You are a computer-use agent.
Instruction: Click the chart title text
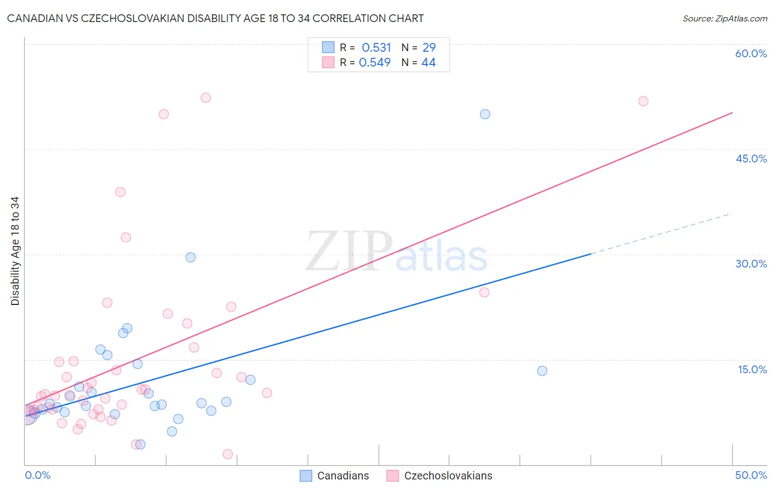pyautogui.click(x=215, y=18)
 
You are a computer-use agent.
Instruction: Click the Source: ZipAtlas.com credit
pyautogui.click(x=724, y=18)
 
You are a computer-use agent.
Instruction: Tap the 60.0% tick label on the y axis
pyautogui.click(x=751, y=53)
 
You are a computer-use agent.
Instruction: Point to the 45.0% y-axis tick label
pyautogui.click(x=751, y=159)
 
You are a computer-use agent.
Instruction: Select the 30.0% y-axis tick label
pyautogui.click(x=751, y=264)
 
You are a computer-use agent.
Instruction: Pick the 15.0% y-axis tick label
pyautogui.click(x=752, y=369)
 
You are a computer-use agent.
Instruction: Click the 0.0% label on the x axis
pyautogui.click(x=37, y=475)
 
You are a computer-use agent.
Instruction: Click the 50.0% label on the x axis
pyautogui.click(x=751, y=475)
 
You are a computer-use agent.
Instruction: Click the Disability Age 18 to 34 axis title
pyautogui.click(x=15, y=251)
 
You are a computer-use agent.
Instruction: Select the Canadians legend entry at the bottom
pyautogui.click(x=342, y=476)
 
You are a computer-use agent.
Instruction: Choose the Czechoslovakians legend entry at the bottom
pyautogui.click(x=448, y=476)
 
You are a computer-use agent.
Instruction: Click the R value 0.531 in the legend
pyautogui.click(x=376, y=48)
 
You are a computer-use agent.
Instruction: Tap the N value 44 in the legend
pyautogui.click(x=428, y=63)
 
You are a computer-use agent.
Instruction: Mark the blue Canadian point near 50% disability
pyautogui.click(x=485, y=114)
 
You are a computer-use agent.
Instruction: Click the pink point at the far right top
pyautogui.click(x=643, y=101)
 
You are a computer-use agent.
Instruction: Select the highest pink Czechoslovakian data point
pyautogui.click(x=205, y=98)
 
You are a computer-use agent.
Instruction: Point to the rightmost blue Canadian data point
pyautogui.click(x=542, y=371)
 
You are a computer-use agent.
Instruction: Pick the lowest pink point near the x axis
pyautogui.click(x=227, y=454)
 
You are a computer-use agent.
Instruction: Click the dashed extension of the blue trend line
pyautogui.click(x=661, y=233)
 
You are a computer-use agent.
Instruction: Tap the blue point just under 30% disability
pyautogui.click(x=190, y=257)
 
